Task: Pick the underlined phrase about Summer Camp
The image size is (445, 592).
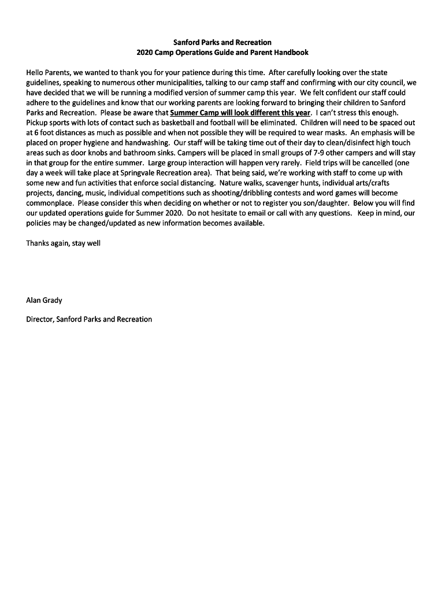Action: pos(240,113)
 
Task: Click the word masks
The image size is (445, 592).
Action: pos(332,132)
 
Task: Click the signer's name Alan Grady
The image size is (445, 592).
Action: pos(44,300)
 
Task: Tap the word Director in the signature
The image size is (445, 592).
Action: pos(39,319)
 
